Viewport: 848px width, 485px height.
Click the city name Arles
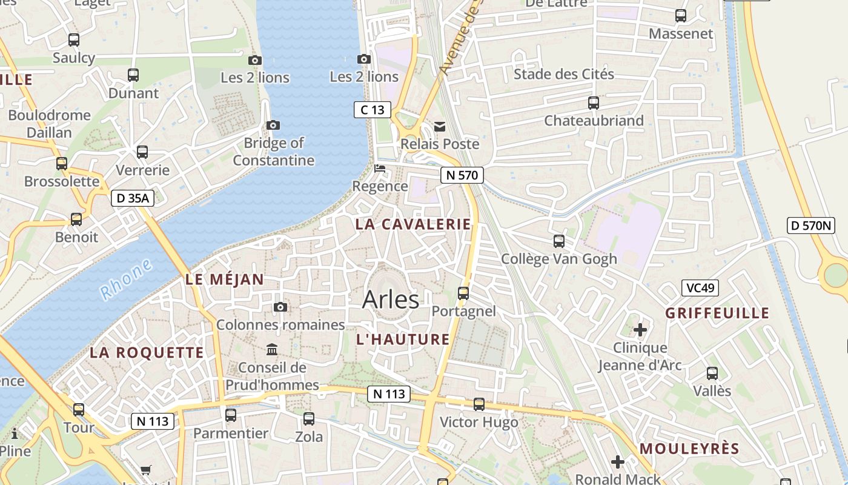[391, 299]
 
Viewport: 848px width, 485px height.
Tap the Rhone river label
[126, 279]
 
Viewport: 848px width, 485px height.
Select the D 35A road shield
[133, 198]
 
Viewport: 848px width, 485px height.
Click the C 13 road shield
[373, 110]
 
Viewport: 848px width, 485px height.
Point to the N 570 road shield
[462, 175]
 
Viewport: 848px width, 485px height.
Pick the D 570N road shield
[811, 226]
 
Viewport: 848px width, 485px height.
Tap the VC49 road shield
[700, 287]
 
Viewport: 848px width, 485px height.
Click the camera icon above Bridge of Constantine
[273, 125]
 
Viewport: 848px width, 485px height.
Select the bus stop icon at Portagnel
[463, 293]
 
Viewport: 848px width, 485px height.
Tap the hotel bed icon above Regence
[380, 169]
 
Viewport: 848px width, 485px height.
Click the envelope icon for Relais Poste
[440, 127]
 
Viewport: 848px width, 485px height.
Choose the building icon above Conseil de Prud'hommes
[272, 350]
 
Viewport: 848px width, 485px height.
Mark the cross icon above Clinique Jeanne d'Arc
[640, 330]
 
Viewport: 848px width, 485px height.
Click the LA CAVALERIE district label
[413, 224]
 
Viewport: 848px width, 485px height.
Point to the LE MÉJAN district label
[225, 279]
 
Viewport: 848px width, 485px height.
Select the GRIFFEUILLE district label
[717, 313]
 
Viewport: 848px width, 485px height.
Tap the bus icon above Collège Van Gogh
[559, 241]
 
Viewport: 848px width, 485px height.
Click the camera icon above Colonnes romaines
[280, 307]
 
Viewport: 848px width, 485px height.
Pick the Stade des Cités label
[564, 75]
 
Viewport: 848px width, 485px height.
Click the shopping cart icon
[146, 470]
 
